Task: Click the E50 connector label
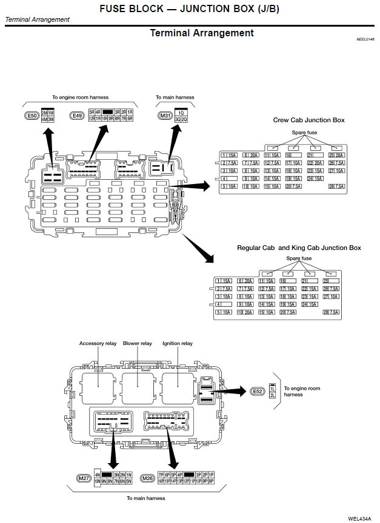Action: click(32, 116)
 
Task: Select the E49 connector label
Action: click(77, 116)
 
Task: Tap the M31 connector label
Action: click(164, 116)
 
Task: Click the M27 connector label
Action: click(84, 478)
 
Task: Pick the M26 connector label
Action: click(147, 478)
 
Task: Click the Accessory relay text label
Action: click(98, 343)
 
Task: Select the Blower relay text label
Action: click(137, 343)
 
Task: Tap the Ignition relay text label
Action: click(177, 343)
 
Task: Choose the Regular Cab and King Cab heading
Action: click(299, 248)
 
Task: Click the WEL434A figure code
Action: click(360, 518)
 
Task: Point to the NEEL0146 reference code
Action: click(365, 39)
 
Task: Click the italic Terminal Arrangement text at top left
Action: click(37, 19)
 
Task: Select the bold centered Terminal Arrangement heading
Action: click(202, 33)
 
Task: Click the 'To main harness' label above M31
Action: click(175, 97)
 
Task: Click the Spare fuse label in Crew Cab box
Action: click(304, 132)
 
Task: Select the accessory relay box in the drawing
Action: click(98, 387)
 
